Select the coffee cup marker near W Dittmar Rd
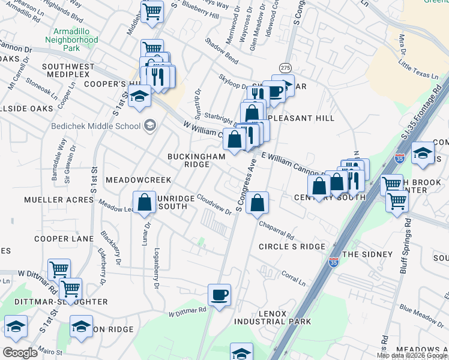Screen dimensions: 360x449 (x=219, y=295)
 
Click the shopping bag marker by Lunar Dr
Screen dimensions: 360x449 (x=145, y=202)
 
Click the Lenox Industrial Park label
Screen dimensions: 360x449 (x=276, y=317)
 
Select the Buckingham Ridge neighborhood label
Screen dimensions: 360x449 (x=196, y=160)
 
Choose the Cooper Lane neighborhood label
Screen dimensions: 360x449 (x=60, y=239)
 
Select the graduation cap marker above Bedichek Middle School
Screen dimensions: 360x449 (x=139, y=96)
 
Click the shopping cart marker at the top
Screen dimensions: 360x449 (x=152, y=11)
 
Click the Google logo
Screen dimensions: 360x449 (x=20, y=352)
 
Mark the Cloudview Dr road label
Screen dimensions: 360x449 (x=214, y=208)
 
